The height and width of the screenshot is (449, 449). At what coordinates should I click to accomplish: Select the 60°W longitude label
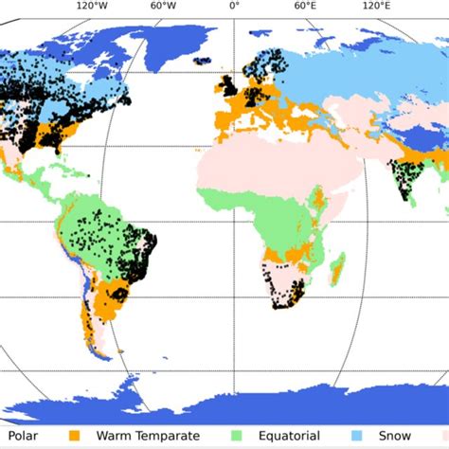163,7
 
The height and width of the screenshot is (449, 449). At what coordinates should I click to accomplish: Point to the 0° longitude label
233,7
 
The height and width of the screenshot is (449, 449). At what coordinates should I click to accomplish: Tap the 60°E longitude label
304,7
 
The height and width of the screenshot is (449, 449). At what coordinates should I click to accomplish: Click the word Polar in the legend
22,438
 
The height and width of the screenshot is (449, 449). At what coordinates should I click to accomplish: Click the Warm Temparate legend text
153,438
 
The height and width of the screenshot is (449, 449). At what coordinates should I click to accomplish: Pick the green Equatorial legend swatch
237,438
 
